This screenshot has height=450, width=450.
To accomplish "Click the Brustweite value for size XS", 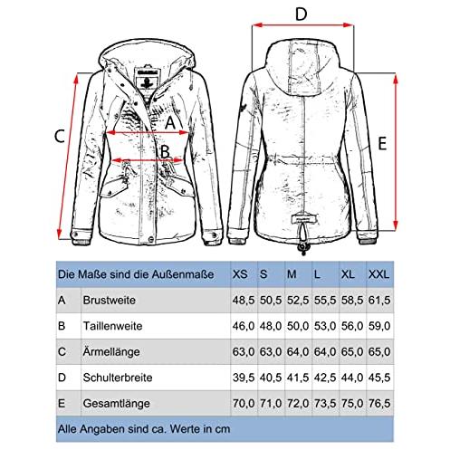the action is click(x=244, y=301).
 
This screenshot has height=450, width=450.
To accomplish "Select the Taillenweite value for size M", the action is click(x=298, y=326).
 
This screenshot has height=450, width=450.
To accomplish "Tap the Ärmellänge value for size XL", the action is click(x=352, y=352).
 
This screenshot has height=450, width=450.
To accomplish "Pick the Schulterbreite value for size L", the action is click(x=325, y=378).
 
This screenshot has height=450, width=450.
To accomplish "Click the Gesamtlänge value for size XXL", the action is click(x=379, y=403).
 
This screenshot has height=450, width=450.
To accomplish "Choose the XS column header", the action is click(x=240, y=274).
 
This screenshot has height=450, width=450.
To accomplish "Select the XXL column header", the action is click(x=378, y=274).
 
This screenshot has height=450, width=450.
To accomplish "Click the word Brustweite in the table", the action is click(x=110, y=301).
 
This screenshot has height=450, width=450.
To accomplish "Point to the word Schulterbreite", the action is click(x=118, y=378).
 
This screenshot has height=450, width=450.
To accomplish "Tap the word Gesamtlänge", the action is click(x=117, y=404).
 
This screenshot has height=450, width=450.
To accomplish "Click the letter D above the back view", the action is click(x=301, y=14).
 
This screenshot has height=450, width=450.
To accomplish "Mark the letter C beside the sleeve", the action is click(x=60, y=136).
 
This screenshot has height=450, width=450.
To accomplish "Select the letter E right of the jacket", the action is click(x=382, y=143).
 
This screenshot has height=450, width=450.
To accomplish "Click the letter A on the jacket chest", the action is click(x=170, y=123).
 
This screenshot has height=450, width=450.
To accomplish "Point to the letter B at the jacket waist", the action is click(x=165, y=151).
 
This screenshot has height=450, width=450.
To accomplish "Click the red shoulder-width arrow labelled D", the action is click(x=302, y=25).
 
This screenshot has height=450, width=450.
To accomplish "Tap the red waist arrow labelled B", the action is click(x=148, y=160).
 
